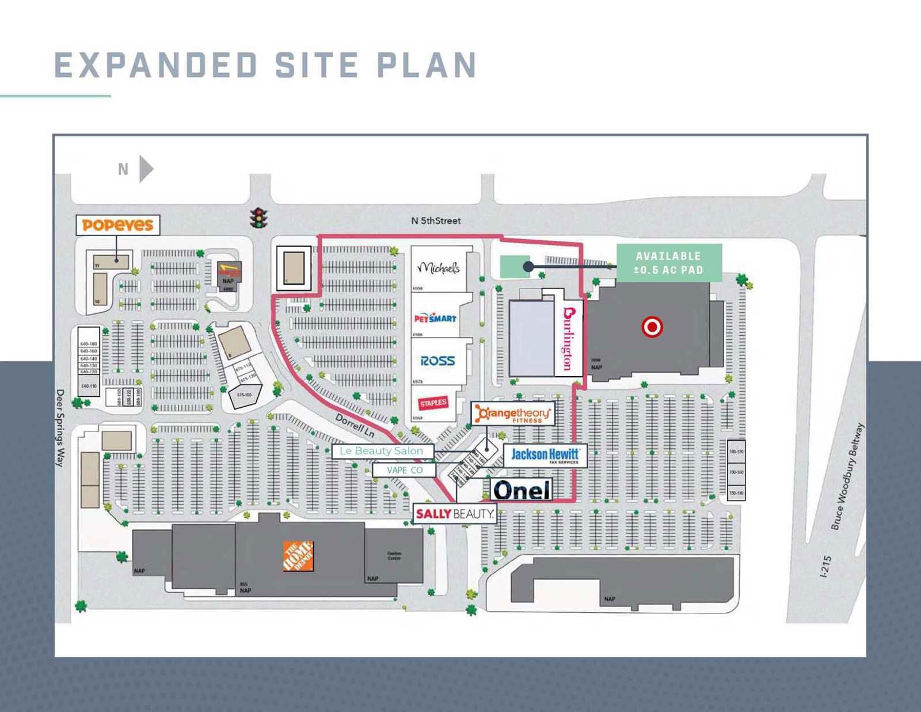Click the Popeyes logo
pos(117,225)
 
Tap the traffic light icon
pos(259,218)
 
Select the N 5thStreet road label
pos(436,221)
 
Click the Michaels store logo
pos(439,268)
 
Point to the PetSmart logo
pos(435,318)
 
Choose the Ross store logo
pos(437,361)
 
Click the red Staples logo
pos(433,403)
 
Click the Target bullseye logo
pos(652,327)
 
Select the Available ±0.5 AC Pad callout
pos(669,263)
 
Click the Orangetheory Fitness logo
pos(513,414)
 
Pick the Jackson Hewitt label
pos(545,455)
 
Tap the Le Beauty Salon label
pos(382,451)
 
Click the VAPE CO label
pos(404,470)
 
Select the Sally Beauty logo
pos(455,513)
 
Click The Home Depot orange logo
pos(298,556)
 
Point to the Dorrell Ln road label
pos(355,425)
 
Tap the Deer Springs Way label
pos(60,428)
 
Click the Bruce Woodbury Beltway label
pos(847,476)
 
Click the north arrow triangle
pos(146,169)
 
